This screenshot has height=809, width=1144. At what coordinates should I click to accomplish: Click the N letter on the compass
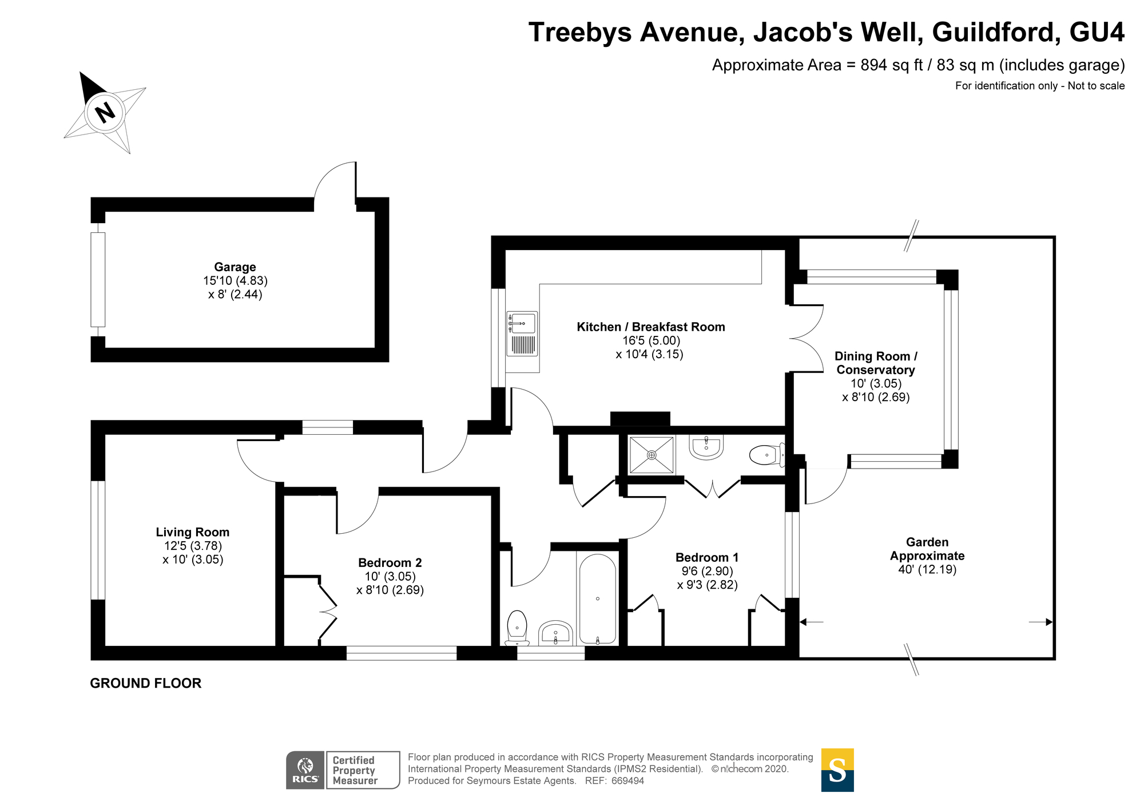click(x=105, y=112)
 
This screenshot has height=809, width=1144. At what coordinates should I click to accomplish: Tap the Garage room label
click(x=235, y=267)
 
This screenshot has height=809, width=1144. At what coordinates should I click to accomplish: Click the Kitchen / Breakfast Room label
click(x=651, y=327)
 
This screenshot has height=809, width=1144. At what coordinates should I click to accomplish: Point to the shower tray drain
click(x=652, y=455)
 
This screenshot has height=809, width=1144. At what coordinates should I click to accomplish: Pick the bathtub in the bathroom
click(x=598, y=599)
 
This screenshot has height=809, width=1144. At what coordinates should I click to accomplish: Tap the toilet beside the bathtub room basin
click(x=517, y=628)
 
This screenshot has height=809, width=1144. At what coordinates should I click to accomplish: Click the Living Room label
click(x=193, y=532)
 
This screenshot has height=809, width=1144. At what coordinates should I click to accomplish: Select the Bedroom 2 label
click(x=390, y=563)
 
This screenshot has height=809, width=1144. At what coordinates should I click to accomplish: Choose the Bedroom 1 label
click(x=707, y=557)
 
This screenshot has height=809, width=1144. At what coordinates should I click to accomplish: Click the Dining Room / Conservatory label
click(x=876, y=363)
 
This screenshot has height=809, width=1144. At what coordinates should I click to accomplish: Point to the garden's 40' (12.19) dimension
click(x=927, y=570)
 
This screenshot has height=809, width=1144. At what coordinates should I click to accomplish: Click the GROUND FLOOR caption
click(x=146, y=683)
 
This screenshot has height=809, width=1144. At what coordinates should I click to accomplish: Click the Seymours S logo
click(x=837, y=770)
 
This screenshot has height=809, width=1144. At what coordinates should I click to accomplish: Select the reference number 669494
click(x=628, y=781)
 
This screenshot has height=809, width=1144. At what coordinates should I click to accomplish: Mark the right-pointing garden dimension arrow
click(x=1041, y=622)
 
